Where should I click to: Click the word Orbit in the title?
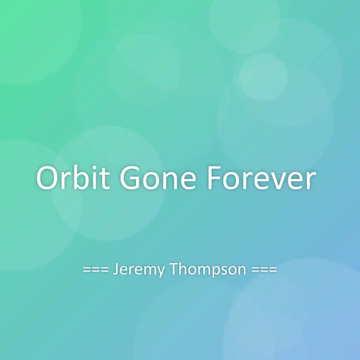click(73, 178)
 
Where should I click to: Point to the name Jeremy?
click(139, 270)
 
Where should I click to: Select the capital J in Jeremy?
click(116, 269)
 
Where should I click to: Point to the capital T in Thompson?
click(174, 269)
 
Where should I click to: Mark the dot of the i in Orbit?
click(96, 167)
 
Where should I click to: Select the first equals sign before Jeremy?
click(86, 270)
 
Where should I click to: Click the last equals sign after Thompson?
click(274, 270)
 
